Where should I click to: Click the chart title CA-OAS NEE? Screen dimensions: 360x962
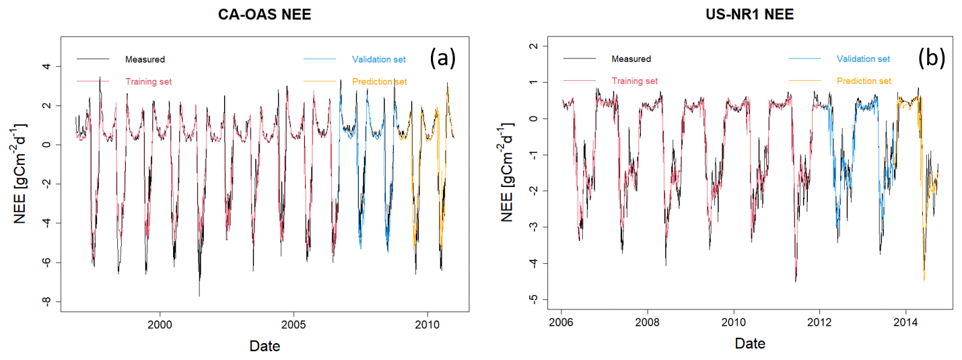click(x=265, y=13)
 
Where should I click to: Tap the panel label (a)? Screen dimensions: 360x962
click(x=443, y=59)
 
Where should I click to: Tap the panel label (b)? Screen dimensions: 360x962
click(x=932, y=59)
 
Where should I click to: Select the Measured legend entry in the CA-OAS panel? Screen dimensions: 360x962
click(x=145, y=59)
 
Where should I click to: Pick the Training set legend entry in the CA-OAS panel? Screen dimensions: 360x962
click(x=148, y=81)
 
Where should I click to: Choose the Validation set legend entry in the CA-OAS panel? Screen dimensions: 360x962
click(x=378, y=59)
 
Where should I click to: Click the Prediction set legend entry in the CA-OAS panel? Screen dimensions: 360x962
click(x=380, y=81)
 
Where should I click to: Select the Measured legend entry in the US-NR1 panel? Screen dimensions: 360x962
click(x=631, y=59)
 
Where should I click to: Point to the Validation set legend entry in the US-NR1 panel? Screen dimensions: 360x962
click(x=863, y=59)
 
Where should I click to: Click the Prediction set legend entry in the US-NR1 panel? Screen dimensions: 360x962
click(x=864, y=81)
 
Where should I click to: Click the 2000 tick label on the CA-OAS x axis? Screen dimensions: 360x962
click(x=160, y=323)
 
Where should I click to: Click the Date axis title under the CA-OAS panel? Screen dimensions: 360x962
click(x=265, y=346)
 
